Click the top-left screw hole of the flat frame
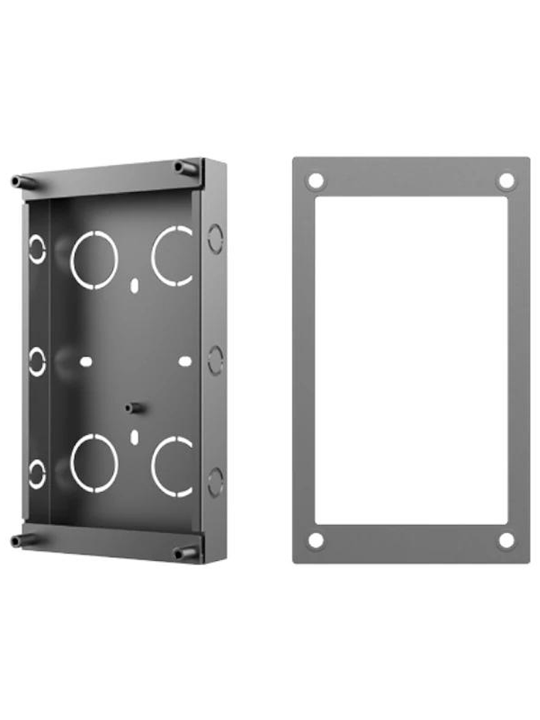coord(316,181)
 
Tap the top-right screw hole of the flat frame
coord(506,181)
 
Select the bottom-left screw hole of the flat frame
coord(316,541)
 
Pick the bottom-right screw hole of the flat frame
coord(506,541)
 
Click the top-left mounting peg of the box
coord(23,182)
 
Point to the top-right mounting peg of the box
coord(186,168)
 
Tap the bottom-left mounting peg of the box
coord(23,541)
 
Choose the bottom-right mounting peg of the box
coord(186,553)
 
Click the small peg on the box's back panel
coord(133,409)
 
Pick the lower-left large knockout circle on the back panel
coord(94,463)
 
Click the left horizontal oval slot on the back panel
coord(86,361)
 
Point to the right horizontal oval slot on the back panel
coord(185,361)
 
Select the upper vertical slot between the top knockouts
coord(134,284)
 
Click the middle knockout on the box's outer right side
coord(215,360)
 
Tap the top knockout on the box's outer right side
coord(215,239)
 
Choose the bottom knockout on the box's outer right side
coord(215,482)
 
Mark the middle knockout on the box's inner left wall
coord(37,361)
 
